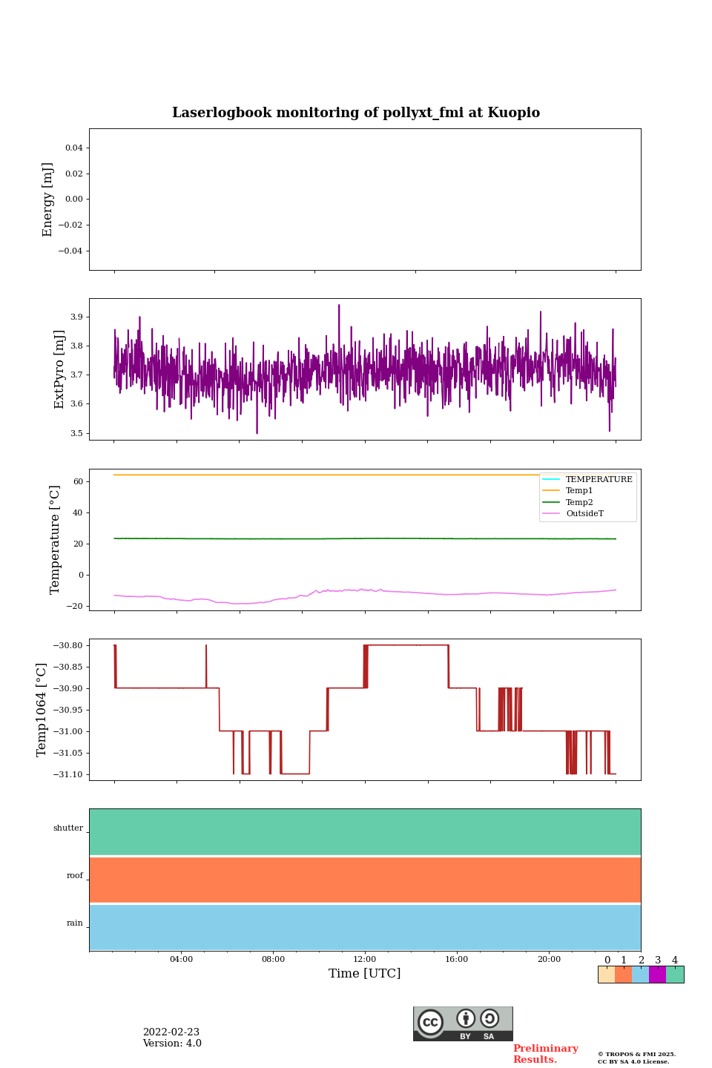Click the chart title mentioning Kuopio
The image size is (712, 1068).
pos(356,113)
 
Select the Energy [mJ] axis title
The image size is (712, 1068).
pos(48,200)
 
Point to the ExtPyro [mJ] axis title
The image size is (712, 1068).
pos(59,369)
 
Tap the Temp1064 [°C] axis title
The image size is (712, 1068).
pos(42,710)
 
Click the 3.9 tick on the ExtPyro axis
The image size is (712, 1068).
pos(76,317)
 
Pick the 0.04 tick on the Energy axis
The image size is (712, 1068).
pos(73,148)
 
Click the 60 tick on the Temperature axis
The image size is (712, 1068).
pos(78,481)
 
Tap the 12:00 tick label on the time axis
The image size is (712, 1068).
pos(365,959)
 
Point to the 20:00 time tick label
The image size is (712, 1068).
pos(549,959)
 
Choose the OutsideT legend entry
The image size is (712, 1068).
pos(584,513)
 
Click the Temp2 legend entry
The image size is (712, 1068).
pos(579,502)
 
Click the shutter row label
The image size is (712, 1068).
pos(68,828)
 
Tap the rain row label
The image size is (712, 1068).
pos(75,923)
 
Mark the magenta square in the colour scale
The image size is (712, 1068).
pos(657,975)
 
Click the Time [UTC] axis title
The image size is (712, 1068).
pos(365,973)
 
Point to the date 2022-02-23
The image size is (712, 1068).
pos(171,1032)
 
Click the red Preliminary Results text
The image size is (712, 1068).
pos(545,1054)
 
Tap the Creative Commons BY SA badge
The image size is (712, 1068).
pos(463,1023)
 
